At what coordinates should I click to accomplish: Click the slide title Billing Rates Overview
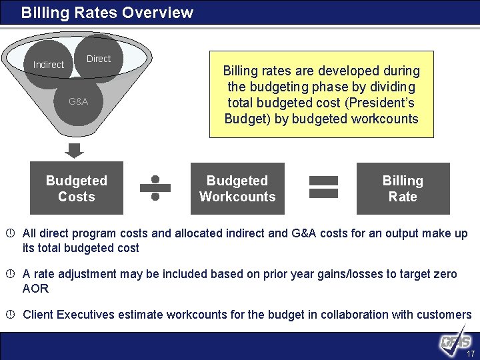click(x=107, y=13)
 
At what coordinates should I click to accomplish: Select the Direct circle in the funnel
click(x=99, y=59)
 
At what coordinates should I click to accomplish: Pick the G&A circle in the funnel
click(x=78, y=102)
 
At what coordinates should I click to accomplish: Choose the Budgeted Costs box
click(x=77, y=188)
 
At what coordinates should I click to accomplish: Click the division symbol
click(x=155, y=188)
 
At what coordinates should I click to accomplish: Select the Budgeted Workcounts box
click(x=237, y=188)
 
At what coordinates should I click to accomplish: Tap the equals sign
click(x=324, y=186)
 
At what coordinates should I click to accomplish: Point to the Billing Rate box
click(x=403, y=188)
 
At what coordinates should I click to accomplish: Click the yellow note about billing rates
click(x=321, y=95)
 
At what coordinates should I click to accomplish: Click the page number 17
click(x=471, y=353)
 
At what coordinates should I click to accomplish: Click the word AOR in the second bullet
click(x=35, y=289)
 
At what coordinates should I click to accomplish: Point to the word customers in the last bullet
click(x=445, y=315)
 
